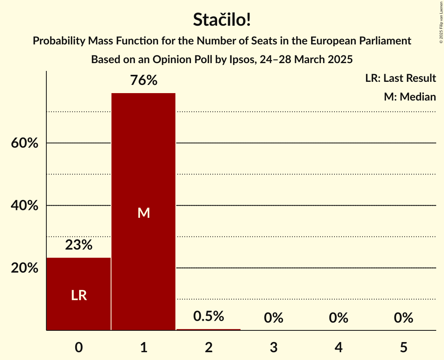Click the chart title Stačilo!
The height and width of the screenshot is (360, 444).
(x=222, y=20)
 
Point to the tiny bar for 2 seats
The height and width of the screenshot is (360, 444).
(x=209, y=330)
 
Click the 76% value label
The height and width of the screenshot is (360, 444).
(x=143, y=81)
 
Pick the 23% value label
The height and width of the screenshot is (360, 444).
(x=79, y=245)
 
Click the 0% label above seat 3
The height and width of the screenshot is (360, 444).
(x=274, y=318)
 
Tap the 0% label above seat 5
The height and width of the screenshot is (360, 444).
(x=403, y=318)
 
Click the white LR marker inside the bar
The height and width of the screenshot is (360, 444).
(x=79, y=296)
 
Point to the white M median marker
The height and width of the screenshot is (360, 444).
(x=143, y=213)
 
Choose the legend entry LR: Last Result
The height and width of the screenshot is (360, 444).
(x=400, y=78)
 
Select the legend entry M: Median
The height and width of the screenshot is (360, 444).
(x=410, y=97)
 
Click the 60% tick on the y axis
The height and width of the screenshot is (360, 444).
(x=25, y=143)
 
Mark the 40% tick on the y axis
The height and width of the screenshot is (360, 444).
(x=25, y=206)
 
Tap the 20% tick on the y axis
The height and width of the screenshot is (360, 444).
(x=25, y=268)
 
